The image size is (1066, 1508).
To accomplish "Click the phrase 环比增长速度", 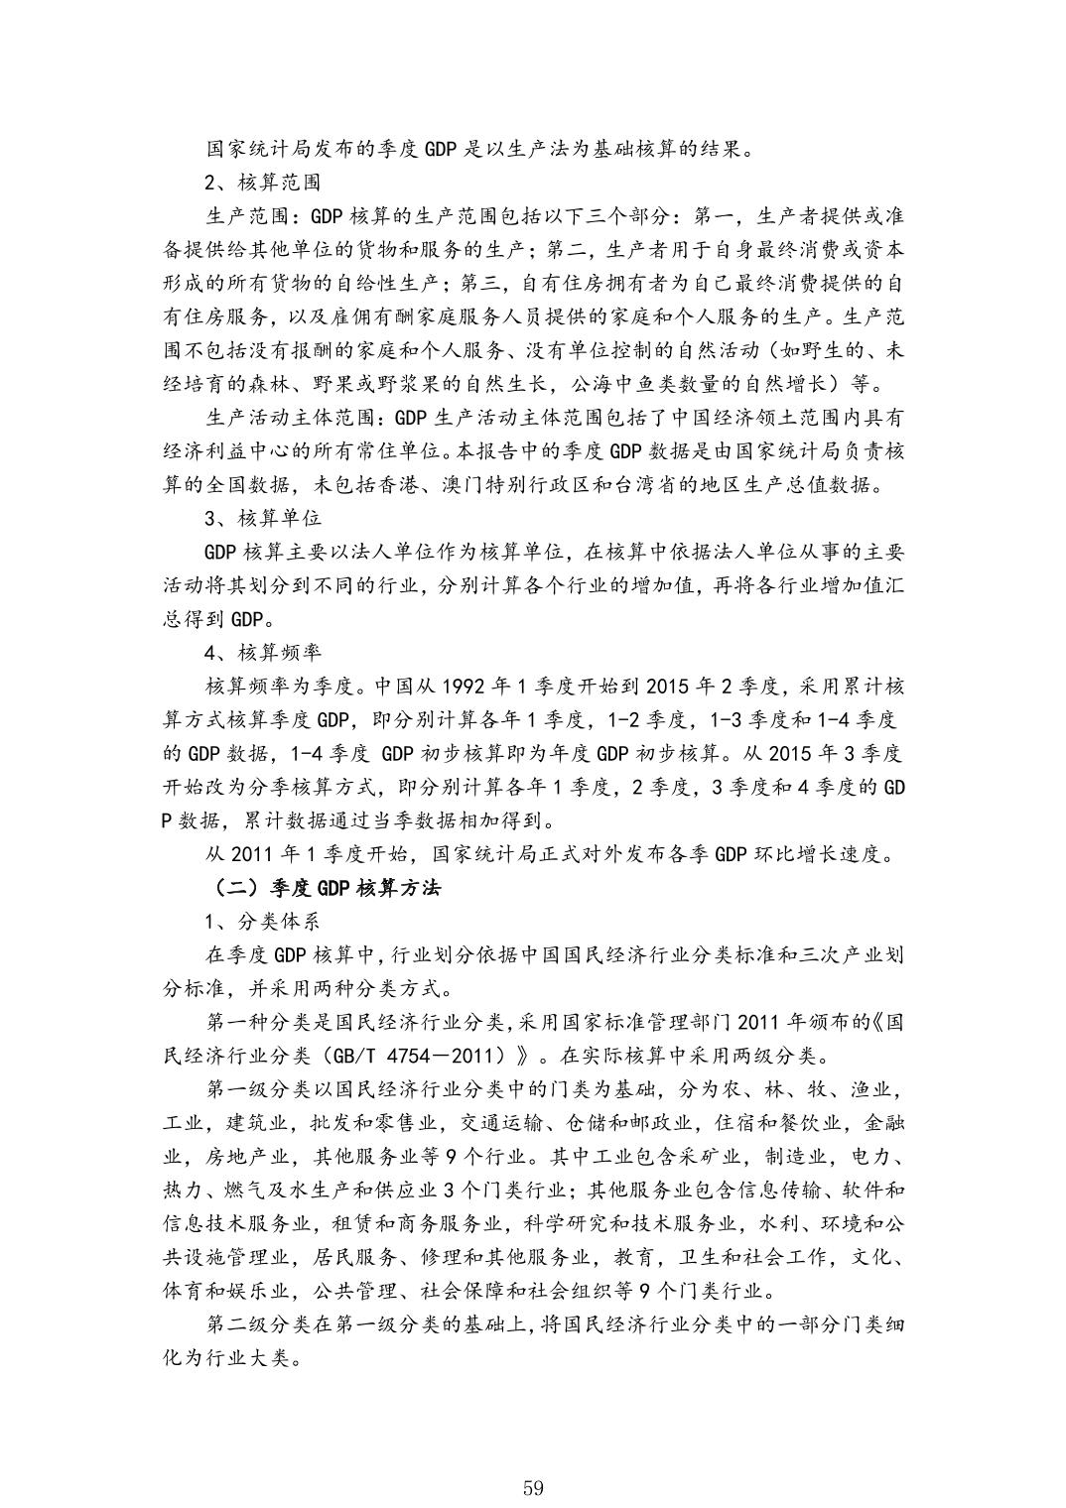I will pyautogui.click(x=815, y=854).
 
